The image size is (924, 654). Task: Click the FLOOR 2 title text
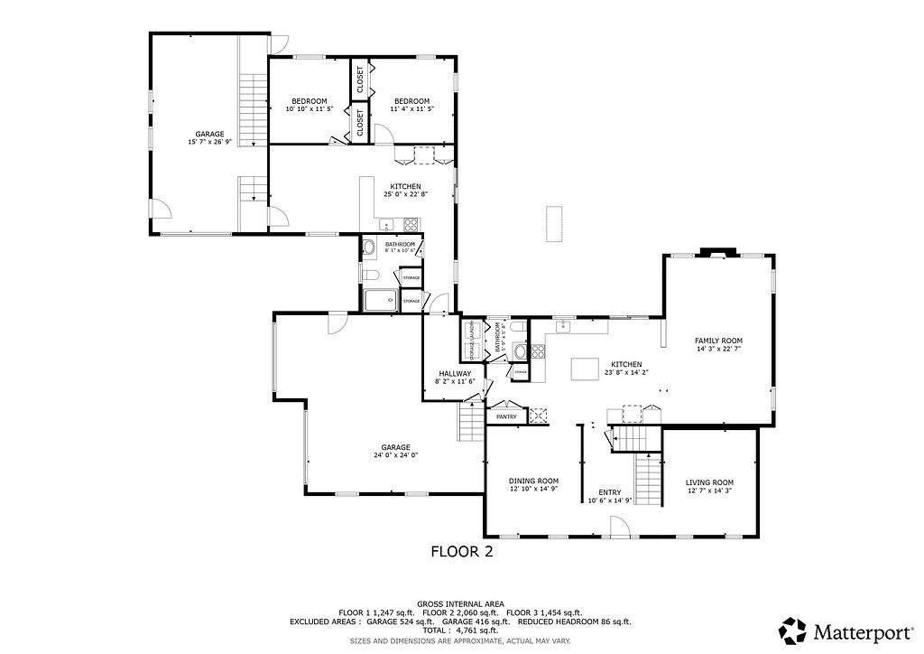[x=461, y=551]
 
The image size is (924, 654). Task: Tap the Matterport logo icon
[x=793, y=630]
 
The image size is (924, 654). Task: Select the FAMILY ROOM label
[x=718, y=341]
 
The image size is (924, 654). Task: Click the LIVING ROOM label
[x=709, y=482]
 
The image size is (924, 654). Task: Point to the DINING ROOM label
[x=533, y=481]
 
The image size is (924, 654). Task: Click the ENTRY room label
[x=610, y=492]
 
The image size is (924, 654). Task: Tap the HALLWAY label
[x=455, y=373]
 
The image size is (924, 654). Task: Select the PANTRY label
[x=506, y=416]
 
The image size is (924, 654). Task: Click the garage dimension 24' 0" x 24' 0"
[x=395, y=455]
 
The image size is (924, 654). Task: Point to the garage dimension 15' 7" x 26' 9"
[x=209, y=142]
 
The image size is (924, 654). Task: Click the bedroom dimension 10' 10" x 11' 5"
[x=310, y=108]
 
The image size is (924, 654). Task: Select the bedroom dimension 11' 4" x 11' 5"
[x=411, y=108]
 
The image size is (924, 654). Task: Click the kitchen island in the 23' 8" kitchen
[x=587, y=368]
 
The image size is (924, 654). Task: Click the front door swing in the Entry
[x=619, y=525]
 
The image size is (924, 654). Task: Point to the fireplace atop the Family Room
[x=718, y=253]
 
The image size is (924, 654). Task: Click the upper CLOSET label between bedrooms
[x=360, y=80]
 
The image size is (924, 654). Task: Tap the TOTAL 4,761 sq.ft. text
[x=460, y=631]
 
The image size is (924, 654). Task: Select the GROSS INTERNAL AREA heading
[x=460, y=603]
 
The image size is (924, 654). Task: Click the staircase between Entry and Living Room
[x=649, y=479]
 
